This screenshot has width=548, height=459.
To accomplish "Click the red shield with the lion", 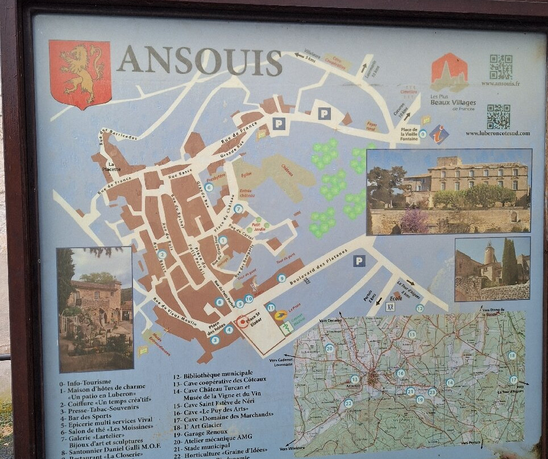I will click(80, 73).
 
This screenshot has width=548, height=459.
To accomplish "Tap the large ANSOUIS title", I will click(200, 61).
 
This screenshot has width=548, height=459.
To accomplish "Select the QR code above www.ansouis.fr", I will click(500, 66).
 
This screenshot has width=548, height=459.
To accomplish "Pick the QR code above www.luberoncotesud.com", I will click(498, 116).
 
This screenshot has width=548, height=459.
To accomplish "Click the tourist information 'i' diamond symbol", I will click(439, 135).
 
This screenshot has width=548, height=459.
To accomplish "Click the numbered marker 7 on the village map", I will click(238, 209).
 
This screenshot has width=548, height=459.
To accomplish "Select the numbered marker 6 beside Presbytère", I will click(209, 187).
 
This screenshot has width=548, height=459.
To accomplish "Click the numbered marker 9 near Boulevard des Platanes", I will click(282, 278).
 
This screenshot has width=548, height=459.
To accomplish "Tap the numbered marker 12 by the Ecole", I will click(420, 308).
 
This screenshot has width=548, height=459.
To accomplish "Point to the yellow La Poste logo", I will click(280, 315).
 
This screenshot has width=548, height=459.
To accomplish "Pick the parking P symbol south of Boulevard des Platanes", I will click(359, 261).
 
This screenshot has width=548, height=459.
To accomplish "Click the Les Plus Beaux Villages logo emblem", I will click(449, 72).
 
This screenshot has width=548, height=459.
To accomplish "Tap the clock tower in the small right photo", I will click(489, 256).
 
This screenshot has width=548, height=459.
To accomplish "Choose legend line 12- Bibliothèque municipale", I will click(213, 375).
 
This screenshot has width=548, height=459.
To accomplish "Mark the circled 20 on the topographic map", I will click(329, 348).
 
